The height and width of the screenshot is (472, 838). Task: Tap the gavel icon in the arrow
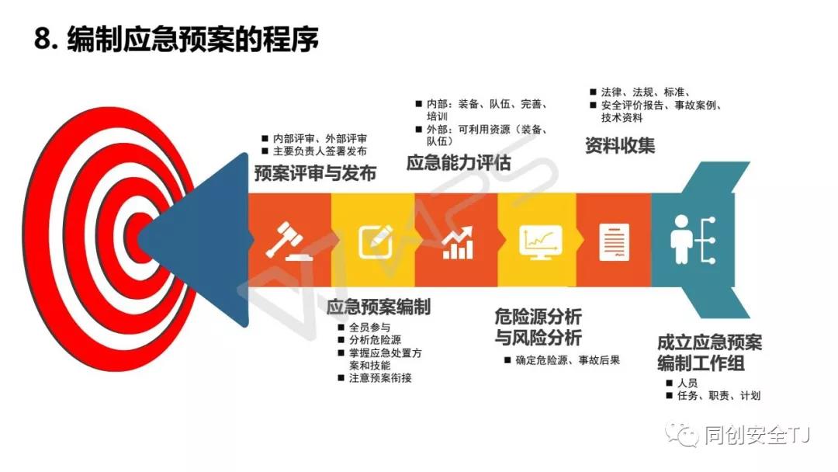(289, 241)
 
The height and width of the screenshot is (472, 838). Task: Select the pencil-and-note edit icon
(376, 241)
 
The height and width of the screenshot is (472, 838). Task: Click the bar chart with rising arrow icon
(458, 243)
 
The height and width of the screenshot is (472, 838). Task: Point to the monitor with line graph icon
(540, 242)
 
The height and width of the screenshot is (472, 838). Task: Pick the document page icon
(614, 242)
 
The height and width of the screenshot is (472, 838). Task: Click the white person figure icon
(681, 239)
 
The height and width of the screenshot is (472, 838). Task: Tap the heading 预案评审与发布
(315, 173)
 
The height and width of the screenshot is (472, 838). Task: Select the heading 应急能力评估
(459, 162)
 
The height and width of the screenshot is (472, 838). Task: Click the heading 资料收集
(620, 145)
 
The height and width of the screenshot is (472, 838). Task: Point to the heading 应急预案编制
(379, 307)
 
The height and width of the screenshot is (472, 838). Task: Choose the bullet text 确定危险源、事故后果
(567, 360)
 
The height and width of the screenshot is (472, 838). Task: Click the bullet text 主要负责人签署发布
(320, 151)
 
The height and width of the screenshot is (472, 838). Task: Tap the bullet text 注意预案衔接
(380, 378)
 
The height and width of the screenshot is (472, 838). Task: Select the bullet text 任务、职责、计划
(719, 396)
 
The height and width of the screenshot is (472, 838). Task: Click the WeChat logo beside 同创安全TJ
(681, 435)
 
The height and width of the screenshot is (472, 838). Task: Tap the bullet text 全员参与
(370, 327)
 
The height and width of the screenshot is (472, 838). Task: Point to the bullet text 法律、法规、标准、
(646, 92)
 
